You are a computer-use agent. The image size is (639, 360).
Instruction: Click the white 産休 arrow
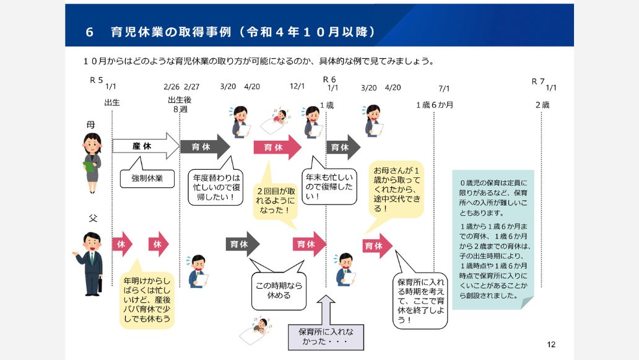coord(145,146)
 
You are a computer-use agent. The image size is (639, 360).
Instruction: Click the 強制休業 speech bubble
coord(147,178)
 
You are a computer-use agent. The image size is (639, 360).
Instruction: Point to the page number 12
coord(552,345)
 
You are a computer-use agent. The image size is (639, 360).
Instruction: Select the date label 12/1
coord(297,87)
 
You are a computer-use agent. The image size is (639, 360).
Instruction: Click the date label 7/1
coord(444,88)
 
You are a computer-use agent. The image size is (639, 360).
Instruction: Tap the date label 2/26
coord(172,87)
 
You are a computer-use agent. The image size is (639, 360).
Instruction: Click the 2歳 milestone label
coord(542,105)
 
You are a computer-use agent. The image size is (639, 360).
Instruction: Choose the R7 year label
coord(537,81)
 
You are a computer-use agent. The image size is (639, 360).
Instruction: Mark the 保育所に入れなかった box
coord(326,335)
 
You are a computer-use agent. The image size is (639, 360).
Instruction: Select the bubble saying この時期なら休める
coord(278,291)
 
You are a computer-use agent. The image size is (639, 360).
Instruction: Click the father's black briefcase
coord(100,286)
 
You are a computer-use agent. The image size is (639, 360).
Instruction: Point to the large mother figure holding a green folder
coord(92,159)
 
